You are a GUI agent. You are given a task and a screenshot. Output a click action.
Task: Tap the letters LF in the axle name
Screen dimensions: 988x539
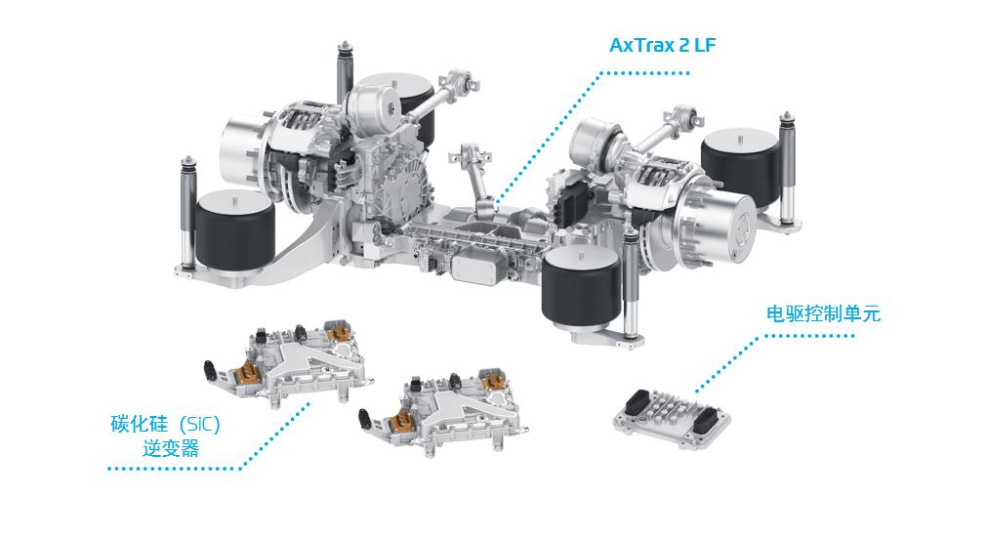(706, 45)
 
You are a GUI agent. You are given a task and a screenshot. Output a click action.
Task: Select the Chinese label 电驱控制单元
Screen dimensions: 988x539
(823, 313)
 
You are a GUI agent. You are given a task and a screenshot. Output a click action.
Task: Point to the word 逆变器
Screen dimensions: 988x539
(171, 449)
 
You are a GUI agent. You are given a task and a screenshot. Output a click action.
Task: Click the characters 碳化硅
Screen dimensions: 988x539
(139, 424)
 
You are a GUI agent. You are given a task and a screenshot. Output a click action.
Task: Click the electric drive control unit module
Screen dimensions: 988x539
(673, 419)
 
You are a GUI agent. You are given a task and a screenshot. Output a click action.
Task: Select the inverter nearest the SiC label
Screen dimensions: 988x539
(287, 361)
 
